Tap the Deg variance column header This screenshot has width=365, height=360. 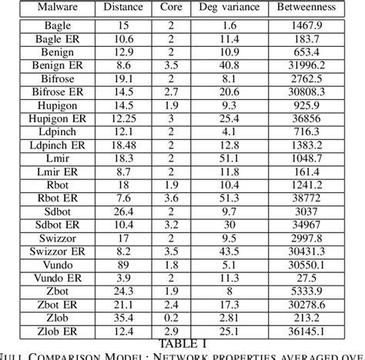pyautogui.click(x=226, y=9)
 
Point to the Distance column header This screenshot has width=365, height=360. pyautogui.click(x=122, y=9)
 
